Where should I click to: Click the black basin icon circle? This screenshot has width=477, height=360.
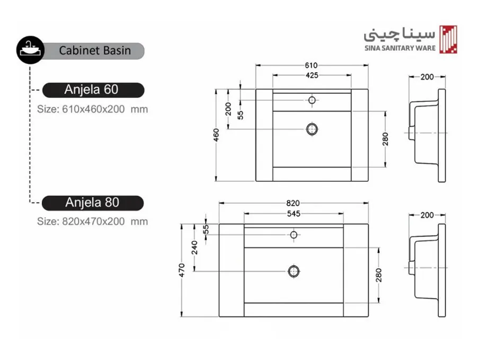[x=30, y=50]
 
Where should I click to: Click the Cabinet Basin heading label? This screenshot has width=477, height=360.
[x=95, y=50]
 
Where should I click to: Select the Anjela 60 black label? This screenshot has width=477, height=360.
[x=93, y=90]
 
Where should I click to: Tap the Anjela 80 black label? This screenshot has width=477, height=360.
[x=93, y=203]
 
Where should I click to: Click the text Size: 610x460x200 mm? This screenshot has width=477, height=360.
[x=92, y=109]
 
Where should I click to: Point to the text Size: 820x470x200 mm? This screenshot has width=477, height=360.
[x=92, y=221]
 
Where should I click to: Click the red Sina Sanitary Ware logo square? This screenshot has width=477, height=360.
[x=448, y=40]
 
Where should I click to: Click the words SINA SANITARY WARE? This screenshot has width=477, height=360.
[x=400, y=48]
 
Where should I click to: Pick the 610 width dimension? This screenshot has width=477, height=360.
[x=311, y=65]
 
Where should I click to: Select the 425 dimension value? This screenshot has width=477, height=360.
[x=312, y=75]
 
